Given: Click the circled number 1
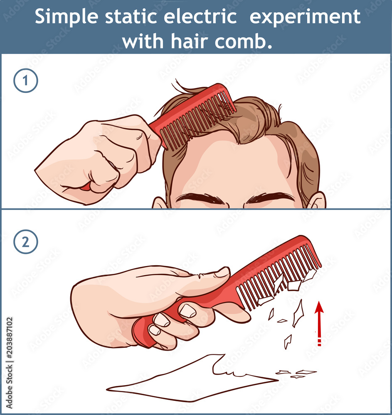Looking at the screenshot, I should tap(25, 81).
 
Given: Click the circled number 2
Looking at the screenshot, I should tap(25, 243).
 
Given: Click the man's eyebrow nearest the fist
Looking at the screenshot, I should tap(200, 198).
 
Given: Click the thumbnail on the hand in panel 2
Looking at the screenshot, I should tap(222, 272).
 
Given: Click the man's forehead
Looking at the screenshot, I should tap(233, 166).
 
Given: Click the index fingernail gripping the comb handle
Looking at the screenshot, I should tap(187, 310).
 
